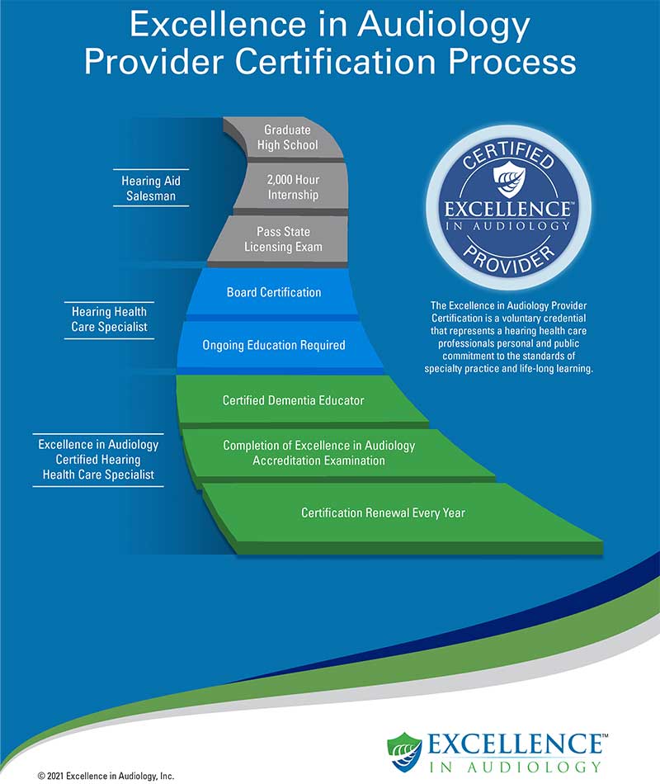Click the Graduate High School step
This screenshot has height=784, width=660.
point(287,138)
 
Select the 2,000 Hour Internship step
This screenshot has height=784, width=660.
point(293,187)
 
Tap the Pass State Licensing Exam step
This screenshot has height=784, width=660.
point(283,239)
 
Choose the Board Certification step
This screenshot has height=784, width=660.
point(274,292)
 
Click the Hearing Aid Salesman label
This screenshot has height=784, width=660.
point(151,188)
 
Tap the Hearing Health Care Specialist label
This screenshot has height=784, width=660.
point(109,319)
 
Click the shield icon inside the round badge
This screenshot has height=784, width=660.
point(509,179)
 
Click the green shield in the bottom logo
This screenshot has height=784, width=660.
point(404,752)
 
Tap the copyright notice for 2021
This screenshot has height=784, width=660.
point(106,776)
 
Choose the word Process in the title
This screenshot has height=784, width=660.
point(512,62)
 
